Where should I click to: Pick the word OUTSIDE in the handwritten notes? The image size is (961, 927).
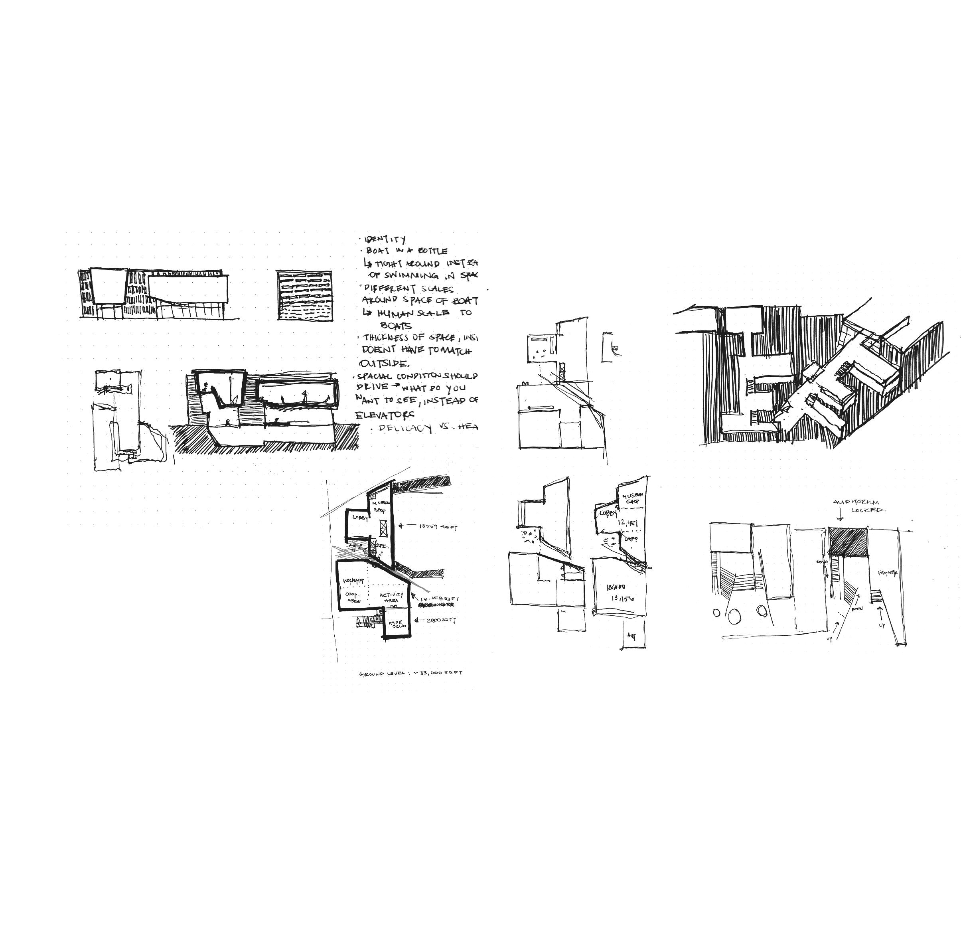point(384,364)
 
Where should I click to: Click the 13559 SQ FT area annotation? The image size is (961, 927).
point(438,527)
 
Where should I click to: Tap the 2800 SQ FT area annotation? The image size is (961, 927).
point(441,620)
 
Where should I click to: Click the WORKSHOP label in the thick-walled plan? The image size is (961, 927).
point(353,581)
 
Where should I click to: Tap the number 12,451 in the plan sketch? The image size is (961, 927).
point(627,523)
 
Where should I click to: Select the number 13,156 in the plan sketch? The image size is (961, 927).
point(623,599)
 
